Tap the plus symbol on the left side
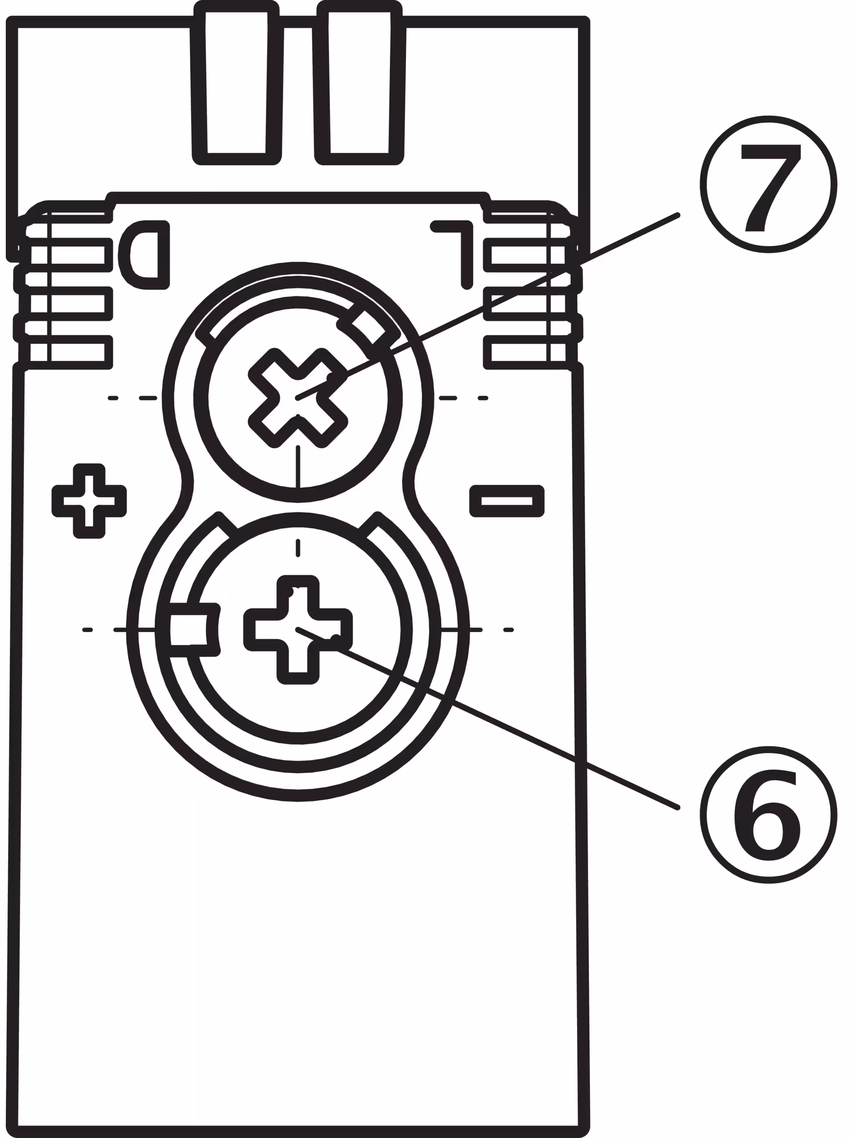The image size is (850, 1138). tap(89, 501)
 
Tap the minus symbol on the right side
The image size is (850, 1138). tap(507, 501)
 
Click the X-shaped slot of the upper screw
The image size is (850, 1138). tap(298, 399)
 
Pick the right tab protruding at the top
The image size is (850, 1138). tap(359, 82)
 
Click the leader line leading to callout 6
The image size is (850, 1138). tap(514, 730)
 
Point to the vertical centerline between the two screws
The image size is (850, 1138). tap(298, 465)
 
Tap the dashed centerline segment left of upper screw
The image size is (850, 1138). tap(148, 398)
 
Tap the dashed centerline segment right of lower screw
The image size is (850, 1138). tap(461, 630)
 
